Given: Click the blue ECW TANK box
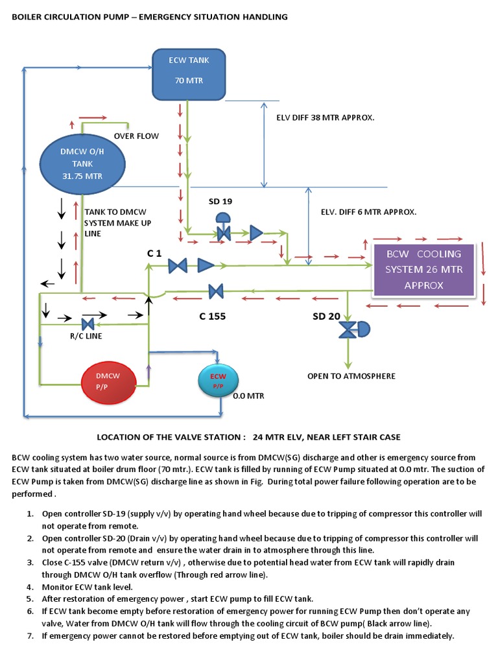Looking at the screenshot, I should pyautogui.click(x=189, y=71).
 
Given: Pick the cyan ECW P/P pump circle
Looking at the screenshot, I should pyautogui.click(x=218, y=381).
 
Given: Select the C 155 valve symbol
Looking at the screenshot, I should pyautogui.click(x=216, y=292).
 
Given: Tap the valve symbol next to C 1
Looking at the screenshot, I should pyautogui.click(x=177, y=265).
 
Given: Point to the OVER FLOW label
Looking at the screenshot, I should pyautogui.click(x=136, y=136).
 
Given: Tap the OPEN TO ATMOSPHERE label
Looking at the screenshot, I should pyautogui.click(x=351, y=376).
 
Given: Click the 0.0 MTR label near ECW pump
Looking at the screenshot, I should pyautogui.click(x=249, y=395).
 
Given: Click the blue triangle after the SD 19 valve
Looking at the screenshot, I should pyautogui.click(x=256, y=232).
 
